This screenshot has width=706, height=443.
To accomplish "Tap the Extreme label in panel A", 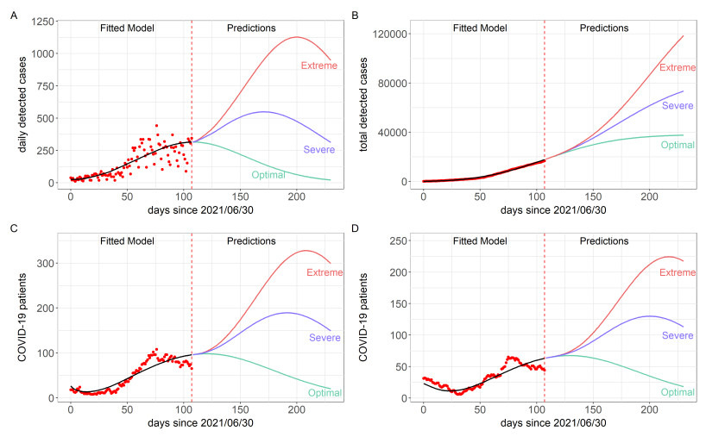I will pyautogui.click(x=318, y=66).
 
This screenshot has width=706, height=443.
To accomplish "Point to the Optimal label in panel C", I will pyautogui.click(x=325, y=393).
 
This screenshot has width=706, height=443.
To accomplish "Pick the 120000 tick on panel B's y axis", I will pyautogui.click(x=385, y=34).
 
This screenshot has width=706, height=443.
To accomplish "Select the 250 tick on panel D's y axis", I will pyautogui.click(x=398, y=240).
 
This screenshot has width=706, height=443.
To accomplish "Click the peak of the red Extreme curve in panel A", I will pyautogui.click(x=297, y=37).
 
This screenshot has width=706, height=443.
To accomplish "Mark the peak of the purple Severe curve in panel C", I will pyautogui.click(x=287, y=313).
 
